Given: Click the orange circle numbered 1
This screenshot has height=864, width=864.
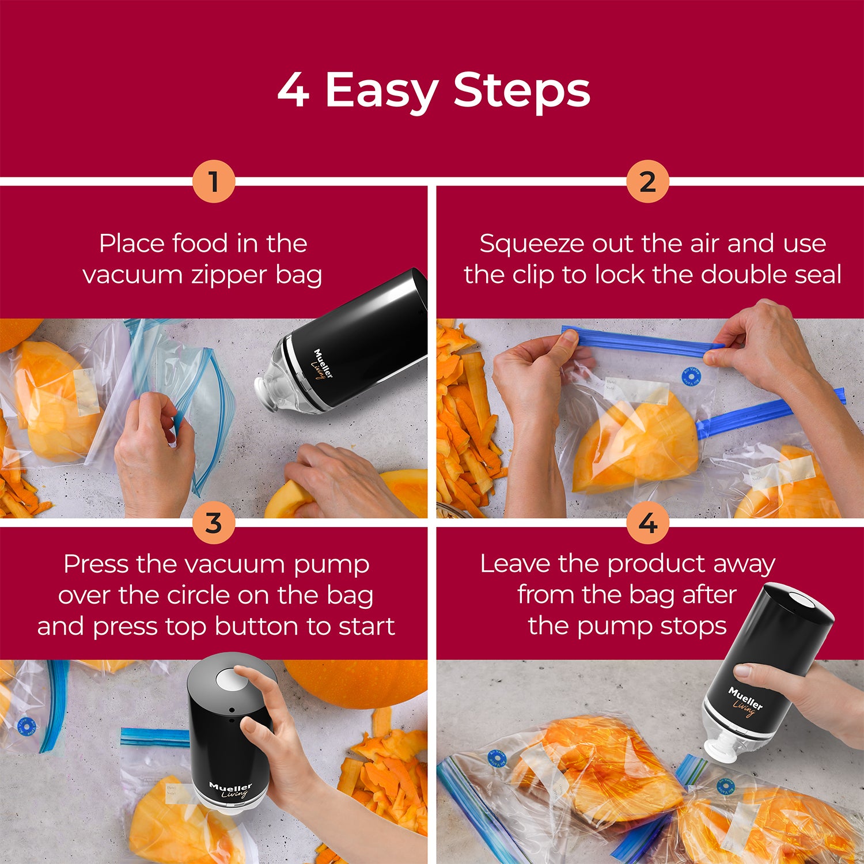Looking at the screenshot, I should tap(214, 181).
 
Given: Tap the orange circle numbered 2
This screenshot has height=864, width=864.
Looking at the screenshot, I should tap(647, 181).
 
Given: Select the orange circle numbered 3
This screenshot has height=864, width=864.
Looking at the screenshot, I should tap(214, 523).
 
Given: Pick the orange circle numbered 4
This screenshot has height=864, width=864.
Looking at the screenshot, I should tap(647, 523).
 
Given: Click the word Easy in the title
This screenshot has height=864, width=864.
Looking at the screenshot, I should tap(381, 91).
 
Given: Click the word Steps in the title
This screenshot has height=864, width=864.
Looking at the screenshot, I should tap(521, 91).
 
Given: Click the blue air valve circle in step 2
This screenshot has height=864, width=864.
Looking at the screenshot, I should tap(690, 376).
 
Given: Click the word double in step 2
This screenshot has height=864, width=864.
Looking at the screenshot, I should tap(742, 275).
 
